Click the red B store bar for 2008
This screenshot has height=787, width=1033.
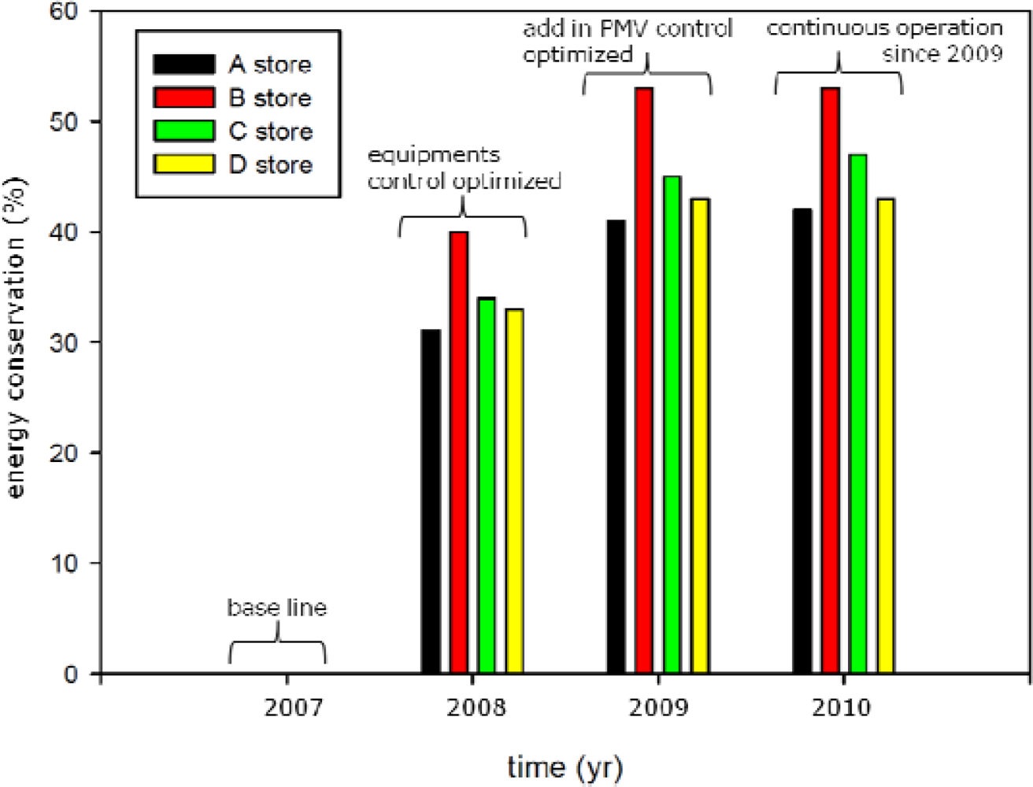pyautogui.click(x=459, y=453)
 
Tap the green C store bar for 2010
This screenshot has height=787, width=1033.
pyautogui.click(x=857, y=414)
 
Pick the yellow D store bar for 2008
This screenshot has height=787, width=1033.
pyautogui.click(x=515, y=491)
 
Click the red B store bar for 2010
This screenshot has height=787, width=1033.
pyautogui.click(x=830, y=381)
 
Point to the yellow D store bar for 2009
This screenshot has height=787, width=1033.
pyautogui.click(x=700, y=436)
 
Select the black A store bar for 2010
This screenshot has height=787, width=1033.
pyautogui.click(x=802, y=442)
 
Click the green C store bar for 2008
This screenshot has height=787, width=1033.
pyautogui.click(x=487, y=486)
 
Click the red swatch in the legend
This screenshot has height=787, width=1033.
pyautogui.click(x=183, y=98)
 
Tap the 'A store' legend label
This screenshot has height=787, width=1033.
pyautogui.click(x=270, y=65)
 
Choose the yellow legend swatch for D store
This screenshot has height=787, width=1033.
pyautogui.click(x=183, y=164)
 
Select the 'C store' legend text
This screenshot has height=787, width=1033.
pyautogui.click(x=270, y=131)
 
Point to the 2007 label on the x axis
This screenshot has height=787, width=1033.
pyautogui.click(x=293, y=708)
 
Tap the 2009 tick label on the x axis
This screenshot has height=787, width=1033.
pyautogui.click(x=658, y=708)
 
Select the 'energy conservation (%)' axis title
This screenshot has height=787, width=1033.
pyautogui.click(x=17, y=338)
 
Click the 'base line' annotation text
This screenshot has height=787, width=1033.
pyautogui.click(x=276, y=608)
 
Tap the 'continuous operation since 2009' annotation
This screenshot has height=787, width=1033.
pyautogui.click(x=885, y=41)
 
